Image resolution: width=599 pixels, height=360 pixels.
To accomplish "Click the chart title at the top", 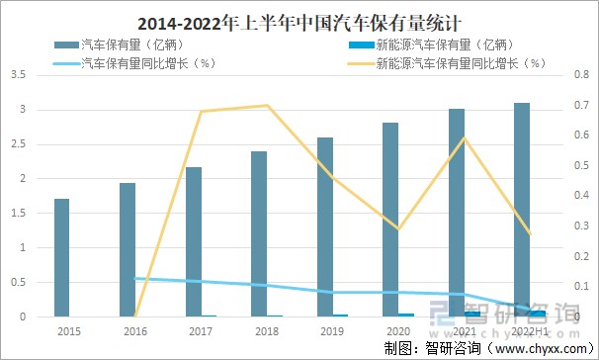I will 299,20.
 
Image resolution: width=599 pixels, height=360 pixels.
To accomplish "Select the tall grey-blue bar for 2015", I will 61,257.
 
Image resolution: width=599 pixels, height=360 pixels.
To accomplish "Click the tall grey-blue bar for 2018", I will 259,233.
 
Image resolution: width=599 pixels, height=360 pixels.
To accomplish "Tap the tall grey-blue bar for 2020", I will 390,220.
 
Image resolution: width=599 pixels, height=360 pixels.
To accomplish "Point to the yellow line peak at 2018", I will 267,105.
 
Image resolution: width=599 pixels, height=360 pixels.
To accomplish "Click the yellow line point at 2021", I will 464,137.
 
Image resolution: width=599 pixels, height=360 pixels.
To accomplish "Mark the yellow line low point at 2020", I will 398,228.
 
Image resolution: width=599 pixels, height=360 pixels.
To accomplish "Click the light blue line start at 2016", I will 134,278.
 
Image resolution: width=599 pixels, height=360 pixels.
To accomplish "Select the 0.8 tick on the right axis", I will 578,74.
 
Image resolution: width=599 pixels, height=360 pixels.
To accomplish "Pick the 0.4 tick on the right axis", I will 578,196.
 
